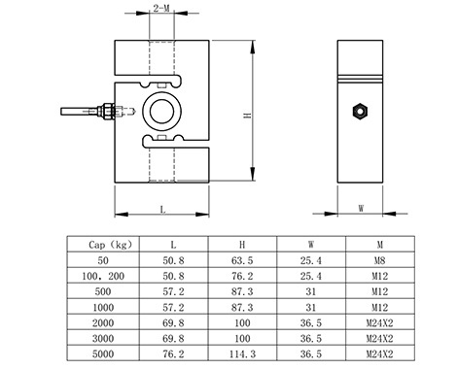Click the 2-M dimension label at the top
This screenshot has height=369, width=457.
tap(161, 8)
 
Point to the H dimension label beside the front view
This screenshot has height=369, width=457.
tap(248, 116)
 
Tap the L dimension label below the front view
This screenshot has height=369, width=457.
tap(163, 210)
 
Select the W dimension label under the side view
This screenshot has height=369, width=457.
tap(361, 208)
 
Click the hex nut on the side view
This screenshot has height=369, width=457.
tap(360, 112)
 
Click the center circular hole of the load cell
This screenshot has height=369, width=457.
tap(161, 112)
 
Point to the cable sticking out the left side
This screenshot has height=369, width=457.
tap(81, 112)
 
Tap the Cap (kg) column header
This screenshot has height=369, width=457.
tap(111, 245)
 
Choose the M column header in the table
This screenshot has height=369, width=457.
tap(380, 245)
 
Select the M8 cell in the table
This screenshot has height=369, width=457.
tap(380, 260)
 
